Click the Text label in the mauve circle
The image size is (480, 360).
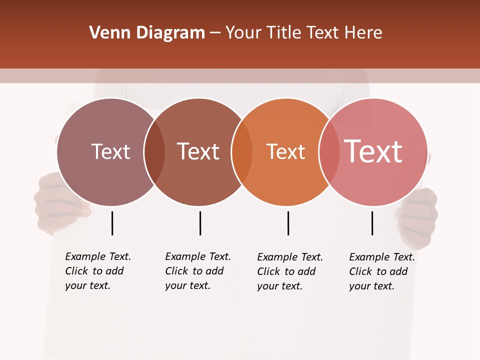[x=110, y=151]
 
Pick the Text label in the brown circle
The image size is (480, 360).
[x=198, y=151]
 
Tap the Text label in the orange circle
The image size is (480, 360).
[x=285, y=151]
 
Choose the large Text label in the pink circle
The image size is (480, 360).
[x=373, y=151]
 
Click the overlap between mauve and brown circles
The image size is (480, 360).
[x=154, y=152]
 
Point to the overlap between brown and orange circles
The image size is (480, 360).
[x=242, y=152]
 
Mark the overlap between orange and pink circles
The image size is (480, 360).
[x=329, y=152]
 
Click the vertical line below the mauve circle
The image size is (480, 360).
[x=112, y=223]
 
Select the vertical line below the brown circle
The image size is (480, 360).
[x=200, y=223]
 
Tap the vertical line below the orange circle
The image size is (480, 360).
[x=288, y=223]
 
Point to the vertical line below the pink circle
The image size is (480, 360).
[x=372, y=223]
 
